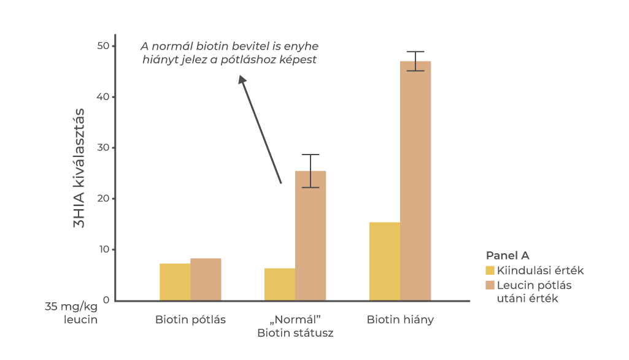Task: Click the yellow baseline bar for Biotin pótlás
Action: pyautogui.click(x=175, y=281)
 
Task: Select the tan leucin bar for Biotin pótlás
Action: pyautogui.click(x=206, y=279)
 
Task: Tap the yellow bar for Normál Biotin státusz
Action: pyautogui.click(x=280, y=284)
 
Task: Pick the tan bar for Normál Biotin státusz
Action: pyautogui.click(x=311, y=236)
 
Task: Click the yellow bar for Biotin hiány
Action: pyautogui.click(x=385, y=261)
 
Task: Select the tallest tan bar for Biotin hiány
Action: pyautogui.click(x=415, y=180)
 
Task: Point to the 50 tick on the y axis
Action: pyautogui.click(x=102, y=46)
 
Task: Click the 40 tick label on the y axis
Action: pyautogui.click(x=102, y=97)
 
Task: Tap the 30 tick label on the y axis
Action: pyautogui.click(x=102, y=148)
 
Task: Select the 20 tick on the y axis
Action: pyautogui.click(x=102, y=199)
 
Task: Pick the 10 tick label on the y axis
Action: pyautogui.click(x=102, y=250)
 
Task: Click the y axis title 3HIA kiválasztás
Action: pyautogui.click(x=79, y=168)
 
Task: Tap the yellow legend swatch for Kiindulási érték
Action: pyautogui.click(x=490, y=270)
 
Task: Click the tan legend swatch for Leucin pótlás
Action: pyautogui.click(x=490, y=285)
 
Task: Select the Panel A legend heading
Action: pyautogui.click(x=507, y=255)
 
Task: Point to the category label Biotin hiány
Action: pyautogui.click(x=400, y=320)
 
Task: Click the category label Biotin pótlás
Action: pyautogui.click(x=190, y=320)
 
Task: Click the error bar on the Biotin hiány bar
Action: pyautogui.click(x=415, y=61)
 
